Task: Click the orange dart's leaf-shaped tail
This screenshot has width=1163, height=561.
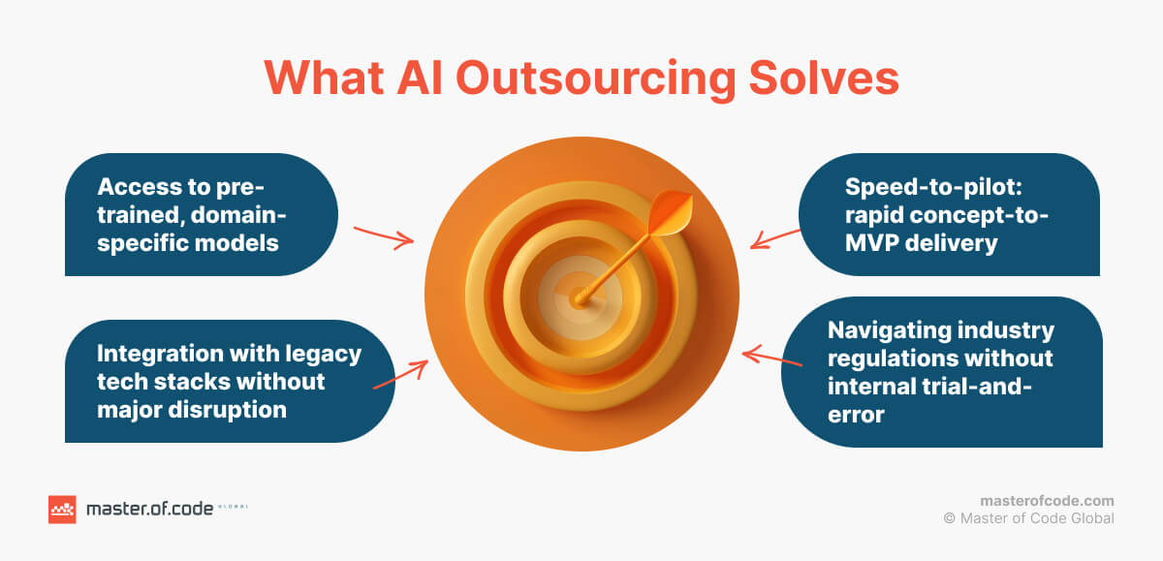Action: tap(670, 212)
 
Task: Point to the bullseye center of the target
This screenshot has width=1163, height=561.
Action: tap(580, 299)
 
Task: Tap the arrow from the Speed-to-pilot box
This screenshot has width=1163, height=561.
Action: tap(775, 239)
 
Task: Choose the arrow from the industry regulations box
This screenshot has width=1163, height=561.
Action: tap(772, 358)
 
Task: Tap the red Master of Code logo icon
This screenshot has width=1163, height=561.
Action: tap(62, 510)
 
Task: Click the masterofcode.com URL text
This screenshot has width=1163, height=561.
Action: tap(1047, 501)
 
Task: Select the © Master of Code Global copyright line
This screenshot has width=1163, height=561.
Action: tap(1028, 518)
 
